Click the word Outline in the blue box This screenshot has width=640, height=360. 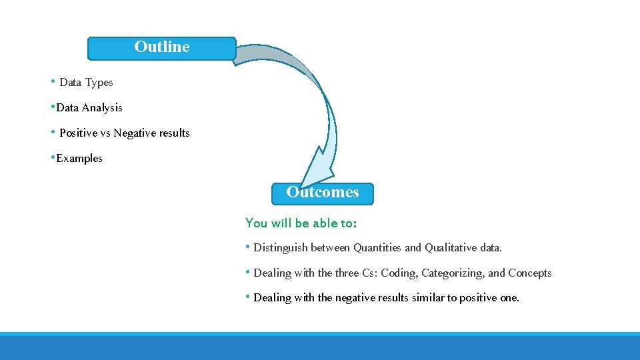click(x=162, y=47)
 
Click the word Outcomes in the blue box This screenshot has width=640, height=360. click(x=323, y=192)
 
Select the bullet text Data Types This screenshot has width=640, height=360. click(x=86, y=83)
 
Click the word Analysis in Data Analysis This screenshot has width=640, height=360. click(x=102, y=107)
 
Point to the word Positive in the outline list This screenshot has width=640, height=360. click(x=78, y=133)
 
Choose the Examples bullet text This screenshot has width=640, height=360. click(x=79, y=159)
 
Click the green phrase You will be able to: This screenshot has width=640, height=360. click(x=301, y=223)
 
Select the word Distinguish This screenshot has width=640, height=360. click(x=281, y=248)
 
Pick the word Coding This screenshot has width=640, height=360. click(x=399, y=273)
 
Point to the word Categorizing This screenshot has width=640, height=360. click(x=453, y=273)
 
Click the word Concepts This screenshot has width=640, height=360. click(x=530, y=273)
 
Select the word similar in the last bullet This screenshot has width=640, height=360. click(x=428, y=298)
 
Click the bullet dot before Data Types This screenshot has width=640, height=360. click(x=53, y=81)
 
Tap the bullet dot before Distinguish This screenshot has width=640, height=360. click(x=248, y=247)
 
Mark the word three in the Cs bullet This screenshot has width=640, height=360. click(x=347, y=273)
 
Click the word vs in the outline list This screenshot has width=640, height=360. click(x=105, y=133)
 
